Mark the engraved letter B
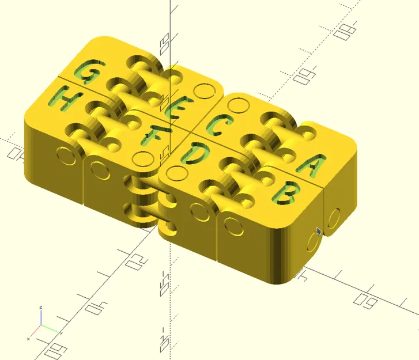[x=285, y=193]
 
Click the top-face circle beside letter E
[x=202, y=91]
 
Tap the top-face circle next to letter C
[x=236, y=105]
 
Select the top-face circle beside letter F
[x=140, y=158]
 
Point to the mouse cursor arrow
[x=319, y=232]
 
